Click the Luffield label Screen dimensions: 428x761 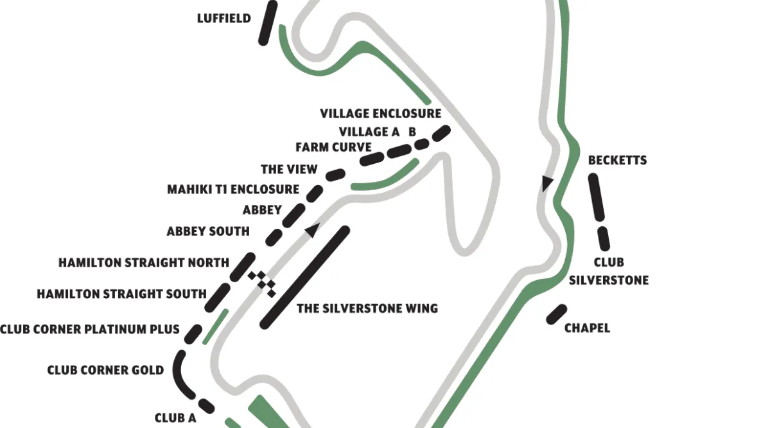click(x=223, y=19)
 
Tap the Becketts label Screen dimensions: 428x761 click(x=617, y=160)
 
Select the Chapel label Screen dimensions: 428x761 click(x=587, y=328)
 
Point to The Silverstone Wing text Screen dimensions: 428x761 click(x=367, y=308)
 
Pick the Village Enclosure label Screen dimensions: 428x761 click(x=381, y=114)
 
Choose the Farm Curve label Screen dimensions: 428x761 click(x=333, y=147)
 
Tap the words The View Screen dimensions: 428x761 click(x=289, y=170)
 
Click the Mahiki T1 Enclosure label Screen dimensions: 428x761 click(x=233, y=190)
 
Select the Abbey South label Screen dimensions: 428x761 click(x=208, y=231)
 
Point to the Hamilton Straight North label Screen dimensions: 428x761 click(x=144, y=263)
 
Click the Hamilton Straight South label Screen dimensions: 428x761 click(x=121, y=294)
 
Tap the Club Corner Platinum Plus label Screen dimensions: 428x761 click(x=89, y=330)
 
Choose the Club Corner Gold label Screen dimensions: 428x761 click(x=105, y=371)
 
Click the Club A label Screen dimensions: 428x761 click(x=175, y=418)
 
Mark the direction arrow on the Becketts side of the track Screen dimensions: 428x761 click(x=547, y=184)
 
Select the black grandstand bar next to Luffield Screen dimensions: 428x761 click(x=267, y=22)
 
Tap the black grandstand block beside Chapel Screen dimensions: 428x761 click(x=556, y=314)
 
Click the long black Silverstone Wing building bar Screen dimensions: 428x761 click(x=305, y=278)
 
